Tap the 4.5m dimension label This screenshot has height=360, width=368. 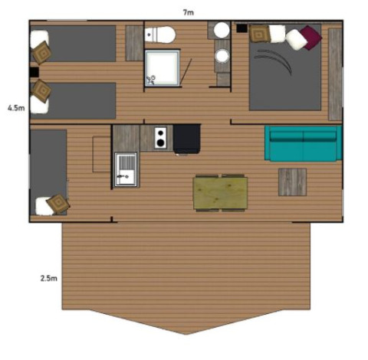(x=15, y=108)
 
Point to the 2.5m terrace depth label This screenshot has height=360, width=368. (x=48, y=278)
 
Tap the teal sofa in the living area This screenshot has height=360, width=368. (x=302, y=143)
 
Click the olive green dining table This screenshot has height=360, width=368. (x=220, y=192)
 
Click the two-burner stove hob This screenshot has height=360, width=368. (x=161, y=138)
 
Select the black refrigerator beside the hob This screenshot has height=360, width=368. (x=187, y=139)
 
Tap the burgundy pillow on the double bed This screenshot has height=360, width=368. (x=310, y=36)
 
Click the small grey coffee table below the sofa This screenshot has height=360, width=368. (x=291, y=182)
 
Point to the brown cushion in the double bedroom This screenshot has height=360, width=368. (x=258, y=34)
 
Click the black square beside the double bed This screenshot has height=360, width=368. (x=242, y=29)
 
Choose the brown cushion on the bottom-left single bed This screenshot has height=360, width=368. (x=58, y=204)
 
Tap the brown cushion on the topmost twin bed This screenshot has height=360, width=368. (x=41, y=51)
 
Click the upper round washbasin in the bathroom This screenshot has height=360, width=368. (x=222, y=31)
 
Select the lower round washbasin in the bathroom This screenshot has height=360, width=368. (x=222, y=56)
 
